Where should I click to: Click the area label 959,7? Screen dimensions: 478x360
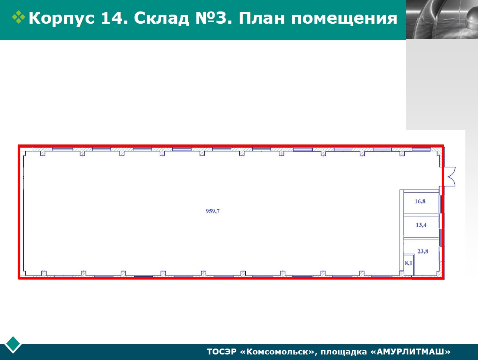click(213, 211)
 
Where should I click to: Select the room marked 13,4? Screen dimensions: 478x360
click(421, 225)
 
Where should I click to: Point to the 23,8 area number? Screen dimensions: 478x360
click(423, 251)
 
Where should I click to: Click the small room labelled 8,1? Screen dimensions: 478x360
click(409, 263)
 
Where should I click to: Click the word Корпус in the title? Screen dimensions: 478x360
click(62, 19)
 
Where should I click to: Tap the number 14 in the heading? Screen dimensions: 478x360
click(114, 18)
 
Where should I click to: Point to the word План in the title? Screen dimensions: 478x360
click(262, 18)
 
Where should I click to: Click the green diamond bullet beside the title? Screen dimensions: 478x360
click(19, 17)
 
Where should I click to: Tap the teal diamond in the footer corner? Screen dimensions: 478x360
click(13, 344)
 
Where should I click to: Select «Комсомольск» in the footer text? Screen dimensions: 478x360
click(278, 352)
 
